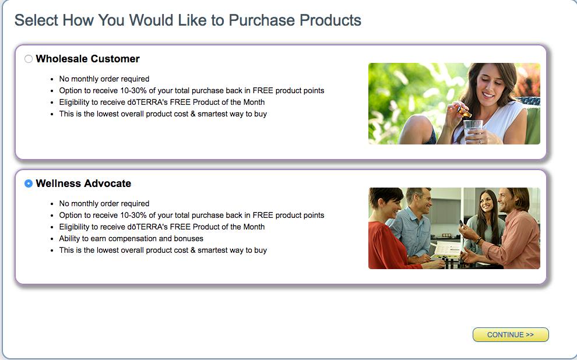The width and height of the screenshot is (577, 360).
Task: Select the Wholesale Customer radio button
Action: point(29,59)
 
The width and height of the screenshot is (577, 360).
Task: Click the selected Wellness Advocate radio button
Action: point(29,183)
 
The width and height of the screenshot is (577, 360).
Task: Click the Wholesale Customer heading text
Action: point(87,59)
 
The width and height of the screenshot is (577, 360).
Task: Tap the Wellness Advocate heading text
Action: point(83,183)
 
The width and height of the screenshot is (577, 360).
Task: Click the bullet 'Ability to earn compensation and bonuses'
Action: point(131,238)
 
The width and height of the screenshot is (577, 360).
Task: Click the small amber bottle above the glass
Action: point(465,112)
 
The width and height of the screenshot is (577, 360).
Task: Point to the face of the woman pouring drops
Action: point(491,83)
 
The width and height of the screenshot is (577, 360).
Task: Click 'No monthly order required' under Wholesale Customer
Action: point(104,79)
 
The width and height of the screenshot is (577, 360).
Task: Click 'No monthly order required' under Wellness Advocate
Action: point(104,203)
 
